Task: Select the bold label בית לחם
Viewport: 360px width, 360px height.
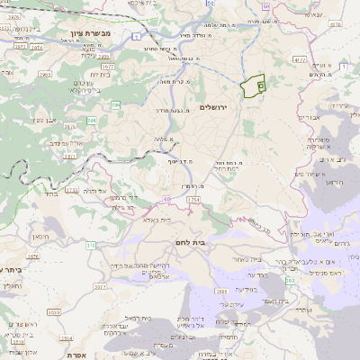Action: (213, 242)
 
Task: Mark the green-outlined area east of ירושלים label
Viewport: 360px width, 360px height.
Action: (255, 86)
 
